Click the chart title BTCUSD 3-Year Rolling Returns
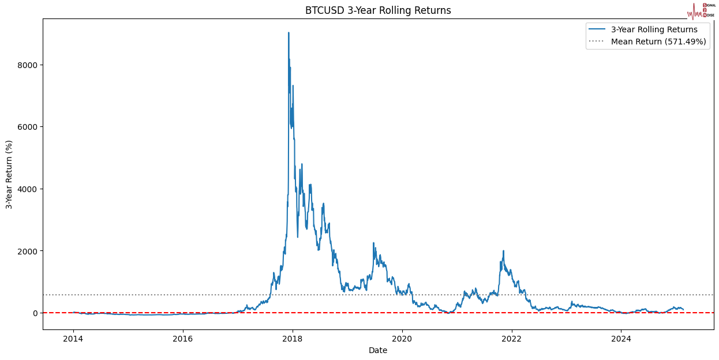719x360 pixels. click(378, 10)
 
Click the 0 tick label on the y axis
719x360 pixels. click(35, 313)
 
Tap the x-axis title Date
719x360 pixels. click(378, 350)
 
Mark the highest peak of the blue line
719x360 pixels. click(289, 33)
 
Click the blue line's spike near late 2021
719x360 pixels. click(503, 251)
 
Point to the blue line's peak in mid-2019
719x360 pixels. click(373, 243)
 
